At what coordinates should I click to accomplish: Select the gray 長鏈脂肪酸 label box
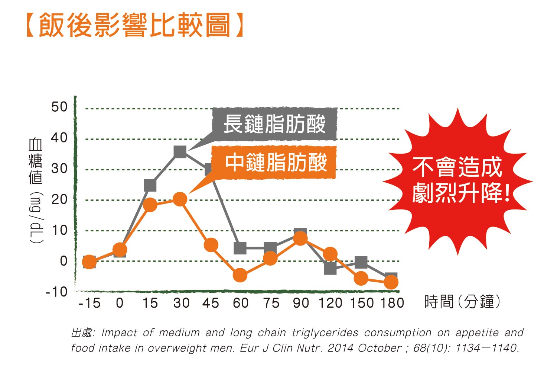tap(274, 124)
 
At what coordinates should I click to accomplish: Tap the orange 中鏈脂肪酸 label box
tap(274, 163)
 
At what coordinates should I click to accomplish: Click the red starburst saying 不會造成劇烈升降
tap(458, 180)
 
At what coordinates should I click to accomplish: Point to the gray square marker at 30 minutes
tap(180, 151)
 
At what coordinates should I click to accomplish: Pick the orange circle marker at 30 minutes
tap(180, 199)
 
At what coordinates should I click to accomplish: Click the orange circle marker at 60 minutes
tap(240, 275)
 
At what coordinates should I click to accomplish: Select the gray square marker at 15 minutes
tap(150, 185)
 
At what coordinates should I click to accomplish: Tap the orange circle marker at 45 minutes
tap(211, 245)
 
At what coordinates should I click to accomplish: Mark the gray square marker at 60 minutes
tap(240, 248)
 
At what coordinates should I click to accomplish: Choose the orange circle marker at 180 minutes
tap(391, 283)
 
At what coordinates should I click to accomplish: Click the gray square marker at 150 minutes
tap(361, 262)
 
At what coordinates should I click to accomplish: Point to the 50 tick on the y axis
tap(59, 107)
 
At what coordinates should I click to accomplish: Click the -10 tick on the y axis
tap(56, 292)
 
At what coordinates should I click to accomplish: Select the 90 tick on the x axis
tap(301, 303)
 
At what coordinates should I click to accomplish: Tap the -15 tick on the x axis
tap(89, 303)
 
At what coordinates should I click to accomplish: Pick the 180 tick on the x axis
tap(392, 303)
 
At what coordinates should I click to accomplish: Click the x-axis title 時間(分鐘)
tap(462, 302)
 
